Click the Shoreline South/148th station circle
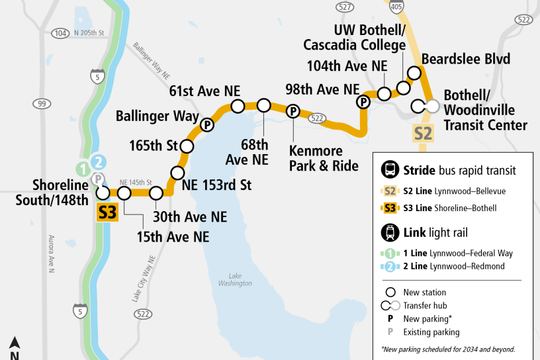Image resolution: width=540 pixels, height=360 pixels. (x=103, y=193)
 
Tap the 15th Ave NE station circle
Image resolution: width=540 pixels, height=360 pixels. (x=124, y=193)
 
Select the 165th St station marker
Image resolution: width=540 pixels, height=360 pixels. (x=187, y=146)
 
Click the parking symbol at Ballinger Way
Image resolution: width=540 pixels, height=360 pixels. (x=207, y=124)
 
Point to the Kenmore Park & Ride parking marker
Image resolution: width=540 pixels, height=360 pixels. (x=292, y=111)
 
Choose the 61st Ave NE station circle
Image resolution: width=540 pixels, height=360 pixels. (x=238, y=105)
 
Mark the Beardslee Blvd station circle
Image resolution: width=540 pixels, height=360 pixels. (x=415, y=72)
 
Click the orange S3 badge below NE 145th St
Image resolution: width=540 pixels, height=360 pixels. (x=107, y=213)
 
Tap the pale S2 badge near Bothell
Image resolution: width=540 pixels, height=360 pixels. (x=424, y=133)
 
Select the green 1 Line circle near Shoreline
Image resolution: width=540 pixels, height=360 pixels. (x=82, y=169)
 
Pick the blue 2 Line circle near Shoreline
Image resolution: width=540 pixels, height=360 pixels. (x=98, y=161)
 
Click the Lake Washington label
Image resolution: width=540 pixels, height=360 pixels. (x=240, y=279)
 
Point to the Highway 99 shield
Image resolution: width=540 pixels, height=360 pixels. (x=42, y=104)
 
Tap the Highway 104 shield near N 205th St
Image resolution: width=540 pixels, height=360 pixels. (x=60, y=33)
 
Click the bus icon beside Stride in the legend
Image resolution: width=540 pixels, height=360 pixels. (x=390, y=170)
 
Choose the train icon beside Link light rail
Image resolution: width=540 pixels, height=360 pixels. (x=390, y=232)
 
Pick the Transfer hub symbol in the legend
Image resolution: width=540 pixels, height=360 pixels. (x=394, y=306)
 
